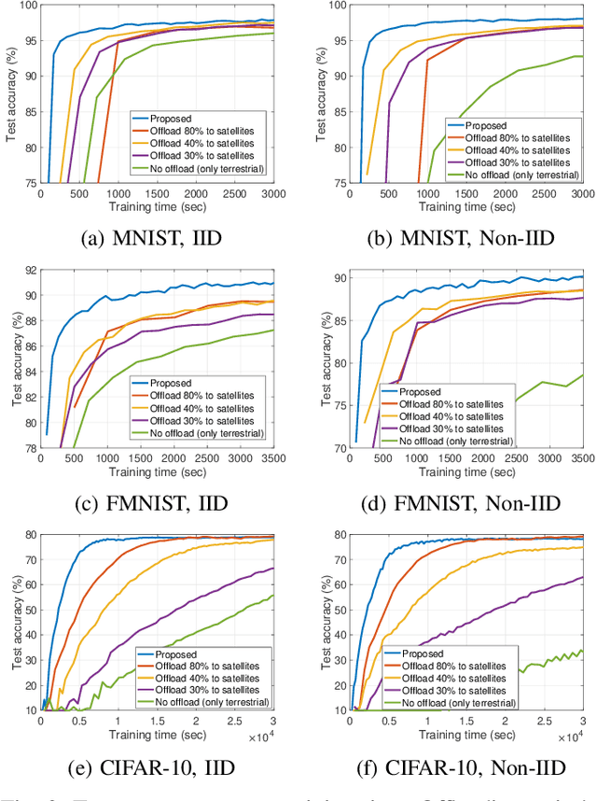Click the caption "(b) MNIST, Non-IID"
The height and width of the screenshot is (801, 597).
(x=451, y=238)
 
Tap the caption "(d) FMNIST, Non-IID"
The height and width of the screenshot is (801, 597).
(x=451, y=505)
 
